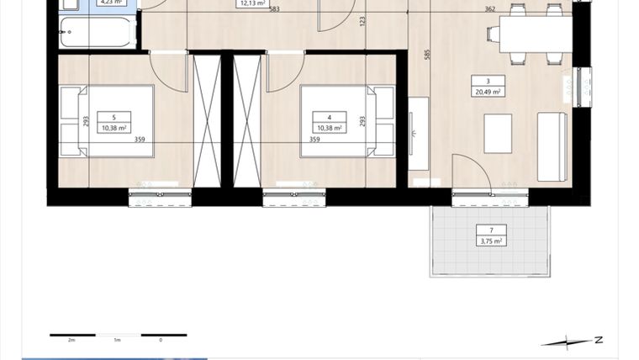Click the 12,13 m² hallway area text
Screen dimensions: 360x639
point(253,3)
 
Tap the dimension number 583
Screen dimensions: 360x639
point(275,10)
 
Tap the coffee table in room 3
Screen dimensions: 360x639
point(497,134)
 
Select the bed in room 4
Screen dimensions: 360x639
point(336,121)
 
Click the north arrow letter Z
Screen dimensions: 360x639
point(598,341)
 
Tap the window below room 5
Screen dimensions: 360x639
point(161,199)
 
